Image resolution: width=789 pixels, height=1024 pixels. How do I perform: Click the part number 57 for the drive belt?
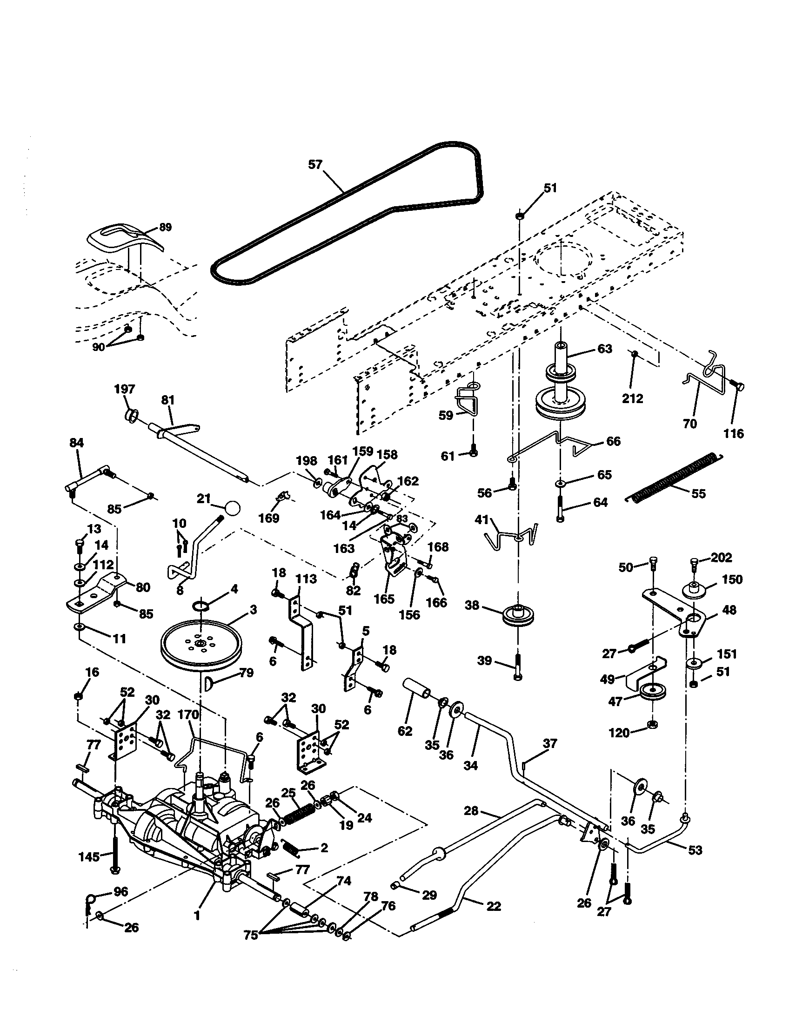(x=315, y=165)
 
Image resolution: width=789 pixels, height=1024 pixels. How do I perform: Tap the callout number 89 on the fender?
(x=165, y=228)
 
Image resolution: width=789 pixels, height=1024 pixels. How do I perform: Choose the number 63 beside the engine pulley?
(x=605, y=349)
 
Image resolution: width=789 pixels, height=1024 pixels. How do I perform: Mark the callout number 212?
(x=633, y=398)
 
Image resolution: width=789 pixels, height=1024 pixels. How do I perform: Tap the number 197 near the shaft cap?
(x=124, y=389)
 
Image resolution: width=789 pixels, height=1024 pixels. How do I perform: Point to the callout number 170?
(x=188, y=714)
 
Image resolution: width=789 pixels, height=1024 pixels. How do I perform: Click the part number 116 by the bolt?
(x=733, y=433)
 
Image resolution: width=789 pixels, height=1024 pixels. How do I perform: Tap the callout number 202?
(x=721, y=557)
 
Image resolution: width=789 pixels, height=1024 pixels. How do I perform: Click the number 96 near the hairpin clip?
(x=121, y=891)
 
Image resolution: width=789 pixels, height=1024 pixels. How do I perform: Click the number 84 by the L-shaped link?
(x=76, y=443)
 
